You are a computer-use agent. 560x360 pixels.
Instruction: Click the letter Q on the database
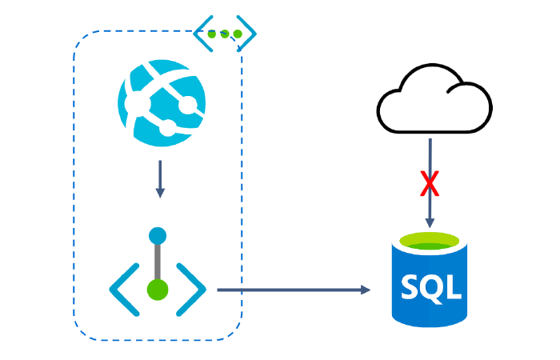[x=430, y=286]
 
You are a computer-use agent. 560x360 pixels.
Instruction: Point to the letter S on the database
[x=410, y=286]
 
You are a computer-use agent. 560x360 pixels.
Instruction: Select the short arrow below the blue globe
[x=160, y=178]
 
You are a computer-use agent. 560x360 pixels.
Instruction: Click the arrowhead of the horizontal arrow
[x=366, y=290]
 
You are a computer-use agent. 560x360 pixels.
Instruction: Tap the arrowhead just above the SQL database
[x=430, y=222]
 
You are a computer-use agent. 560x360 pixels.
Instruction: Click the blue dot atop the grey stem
[x=158, y=236]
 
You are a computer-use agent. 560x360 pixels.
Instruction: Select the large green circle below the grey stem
[x=158, y=290]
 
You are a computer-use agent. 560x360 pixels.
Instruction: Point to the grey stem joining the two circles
[x=158, y=262]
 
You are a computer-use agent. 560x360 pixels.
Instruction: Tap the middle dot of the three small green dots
[x=225, y=34]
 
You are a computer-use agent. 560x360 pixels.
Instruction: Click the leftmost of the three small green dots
[x=213, y=34]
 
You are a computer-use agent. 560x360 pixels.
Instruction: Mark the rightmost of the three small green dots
[x=237, y=34]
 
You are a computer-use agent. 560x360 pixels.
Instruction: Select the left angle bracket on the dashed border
[x=200, y=34]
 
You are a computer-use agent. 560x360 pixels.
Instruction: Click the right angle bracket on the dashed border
[x=249, y=34]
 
